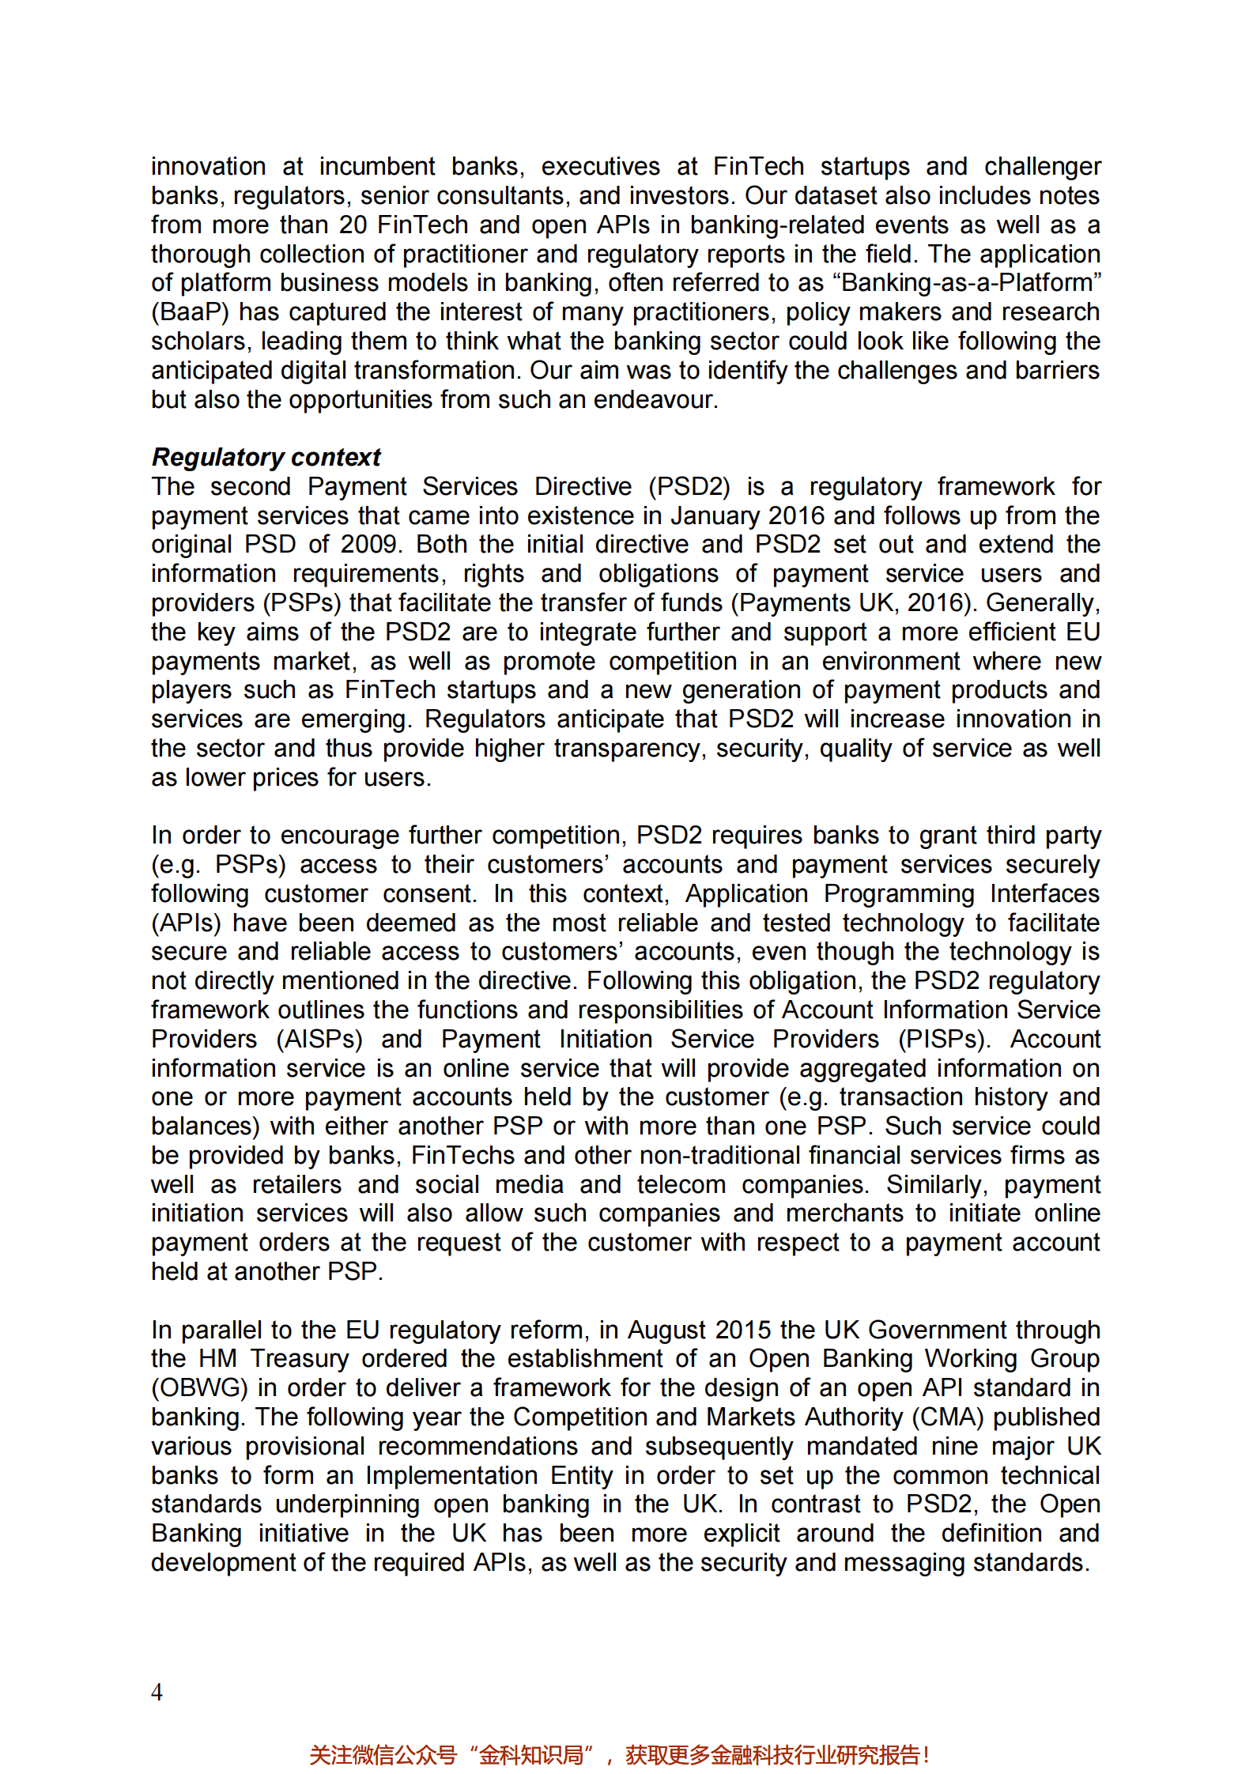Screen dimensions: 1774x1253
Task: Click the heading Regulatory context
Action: (x=266, y=457)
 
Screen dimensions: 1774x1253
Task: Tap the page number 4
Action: (x=157, y=1692)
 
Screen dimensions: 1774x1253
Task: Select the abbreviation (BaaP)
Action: (x=190, y=312)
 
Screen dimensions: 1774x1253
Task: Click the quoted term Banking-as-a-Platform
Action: (x=972, y=283)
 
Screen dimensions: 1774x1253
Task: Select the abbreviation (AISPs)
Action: (x=319, y=1039)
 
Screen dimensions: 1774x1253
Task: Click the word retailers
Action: (x=296, y=1185)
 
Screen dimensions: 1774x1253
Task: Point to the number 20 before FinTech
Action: (x=353, y=225)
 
